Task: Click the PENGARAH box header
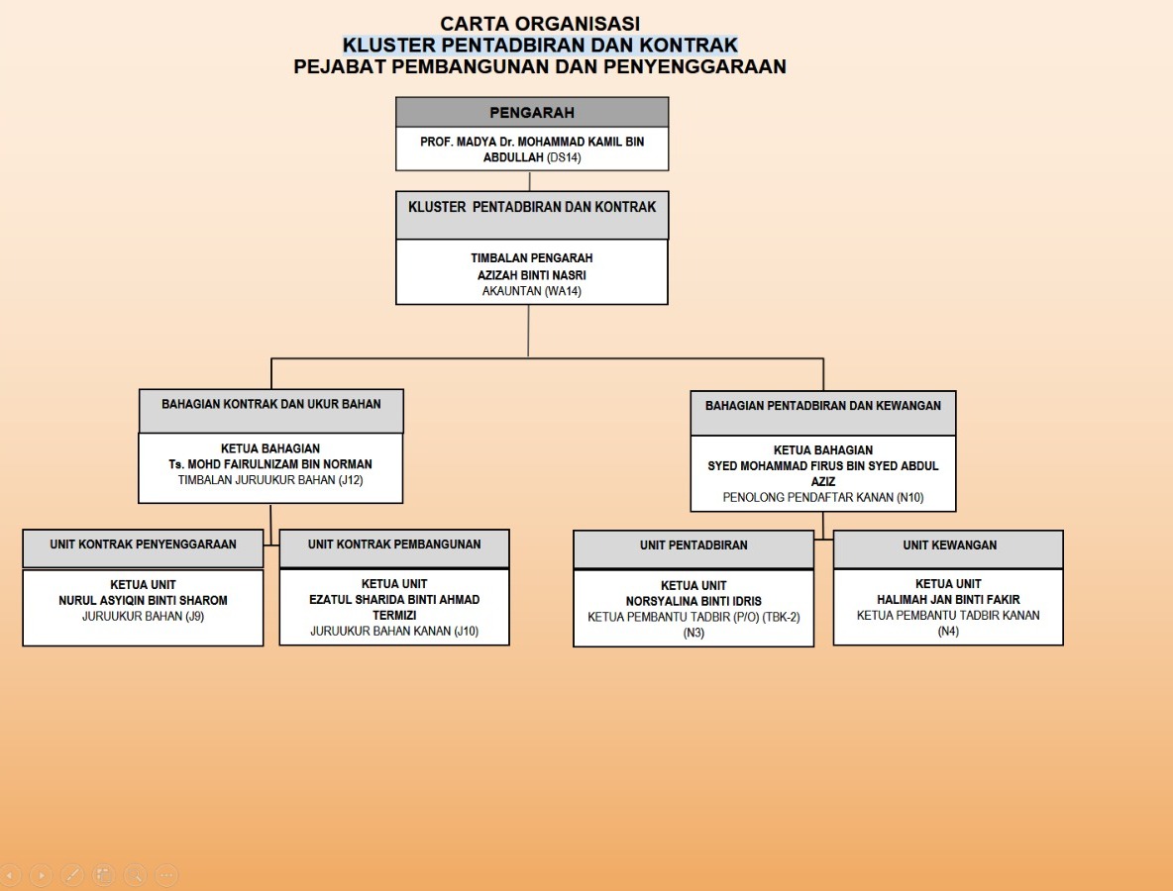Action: (x=532, y=113)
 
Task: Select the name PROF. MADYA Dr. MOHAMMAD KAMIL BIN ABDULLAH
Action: (x=532, y=149)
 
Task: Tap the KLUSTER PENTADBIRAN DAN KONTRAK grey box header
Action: (x=532, y=208)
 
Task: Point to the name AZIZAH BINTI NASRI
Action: (x=532, y=275)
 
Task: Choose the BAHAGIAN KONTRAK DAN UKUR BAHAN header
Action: (x=271, y=404)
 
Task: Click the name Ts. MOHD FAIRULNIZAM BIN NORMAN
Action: (x=271, y=464)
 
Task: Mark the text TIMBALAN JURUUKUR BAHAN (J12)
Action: (x=271, y=480)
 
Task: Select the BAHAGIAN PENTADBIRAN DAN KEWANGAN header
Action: (x=823, y=405)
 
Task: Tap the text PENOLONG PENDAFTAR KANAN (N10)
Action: (x=823, y=497)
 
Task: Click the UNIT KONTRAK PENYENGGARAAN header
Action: (x=144, y=544)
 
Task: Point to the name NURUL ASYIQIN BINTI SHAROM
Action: (x=144, y=600)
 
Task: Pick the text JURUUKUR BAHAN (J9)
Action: (x=144, y=616)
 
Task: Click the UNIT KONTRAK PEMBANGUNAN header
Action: (x=394, y=544)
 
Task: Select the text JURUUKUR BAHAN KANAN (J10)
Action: (x=394, y=631)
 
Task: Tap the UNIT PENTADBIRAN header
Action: (x=693, y=545)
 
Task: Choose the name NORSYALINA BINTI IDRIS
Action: (x=693, y=601)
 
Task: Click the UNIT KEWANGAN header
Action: (x=949, y=545)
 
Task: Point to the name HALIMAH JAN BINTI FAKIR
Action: (x=949, y=600)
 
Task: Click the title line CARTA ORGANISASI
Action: (x=540, y=23)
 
